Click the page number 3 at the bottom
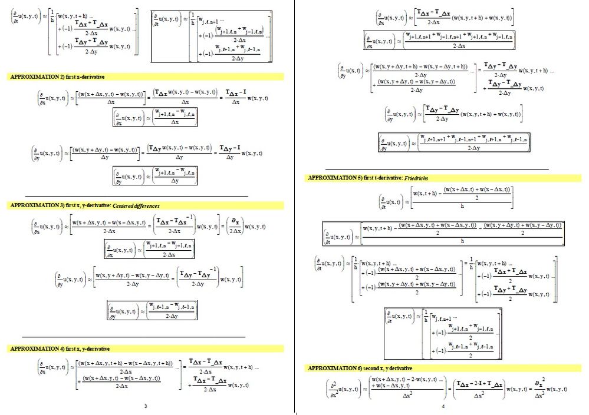[146, 406]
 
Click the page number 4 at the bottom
[443, 406]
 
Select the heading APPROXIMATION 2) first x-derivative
[58, 77]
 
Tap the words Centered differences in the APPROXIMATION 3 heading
[136, 205]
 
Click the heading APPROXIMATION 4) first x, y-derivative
[60, 349]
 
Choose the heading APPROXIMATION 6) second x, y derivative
[360, 368]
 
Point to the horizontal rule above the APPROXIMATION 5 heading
[437, 170]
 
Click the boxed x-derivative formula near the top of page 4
[439, 40]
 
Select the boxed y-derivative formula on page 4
[455, 142]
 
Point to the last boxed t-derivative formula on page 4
[443, 334]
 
